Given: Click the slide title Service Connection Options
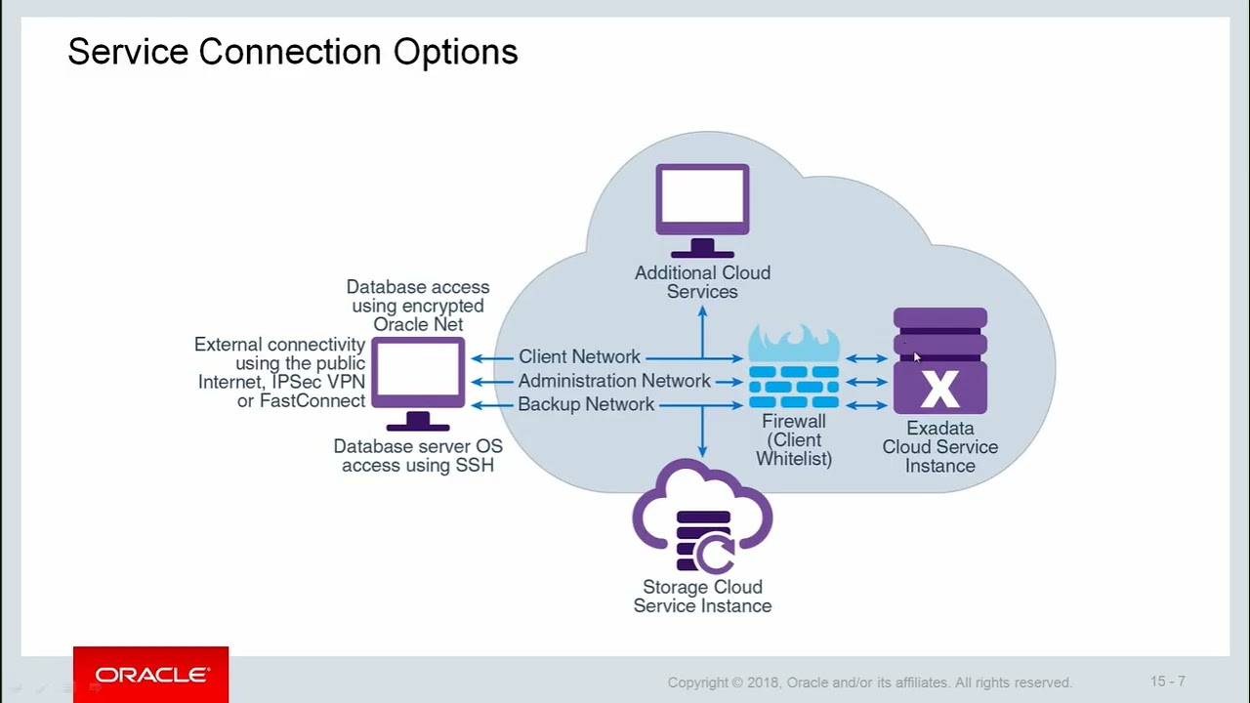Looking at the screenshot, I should [x=292, y=52].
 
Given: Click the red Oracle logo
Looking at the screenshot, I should [x=151, y=675].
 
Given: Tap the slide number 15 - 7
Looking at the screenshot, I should [x=1167, y=682].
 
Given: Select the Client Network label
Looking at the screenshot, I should [x=579, y=357].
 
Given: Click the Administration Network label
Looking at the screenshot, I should [x=613, y=381].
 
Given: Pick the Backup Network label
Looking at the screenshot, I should [x=586, y=404].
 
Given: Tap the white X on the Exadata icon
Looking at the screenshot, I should [x=939, y=390].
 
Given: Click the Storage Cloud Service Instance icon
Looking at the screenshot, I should [x=702, y=522].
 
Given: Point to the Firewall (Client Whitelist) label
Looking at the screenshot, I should [x=794, y=440].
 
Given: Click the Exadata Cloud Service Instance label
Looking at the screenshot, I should [x=939, y=447].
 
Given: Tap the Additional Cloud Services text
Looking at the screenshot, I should [x=702, y=282].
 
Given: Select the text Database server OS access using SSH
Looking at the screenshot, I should [x=418, y=456].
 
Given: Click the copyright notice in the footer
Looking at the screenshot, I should [x=869, y=682].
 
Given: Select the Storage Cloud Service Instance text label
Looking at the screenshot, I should [x=702, y=597].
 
